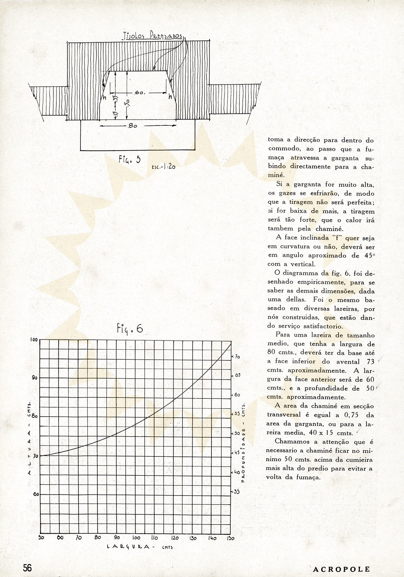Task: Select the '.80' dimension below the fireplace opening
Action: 133,125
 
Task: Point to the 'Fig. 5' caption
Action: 129,160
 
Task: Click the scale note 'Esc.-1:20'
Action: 164,167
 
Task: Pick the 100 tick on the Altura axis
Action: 34,339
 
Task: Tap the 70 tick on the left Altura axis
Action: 35,456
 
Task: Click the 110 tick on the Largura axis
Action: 154,538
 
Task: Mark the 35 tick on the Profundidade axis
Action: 237,492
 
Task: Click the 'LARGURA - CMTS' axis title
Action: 140,548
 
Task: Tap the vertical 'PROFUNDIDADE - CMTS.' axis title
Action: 243,443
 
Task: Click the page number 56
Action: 27,568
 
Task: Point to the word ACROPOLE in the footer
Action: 341,569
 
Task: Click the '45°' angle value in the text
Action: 368,255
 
